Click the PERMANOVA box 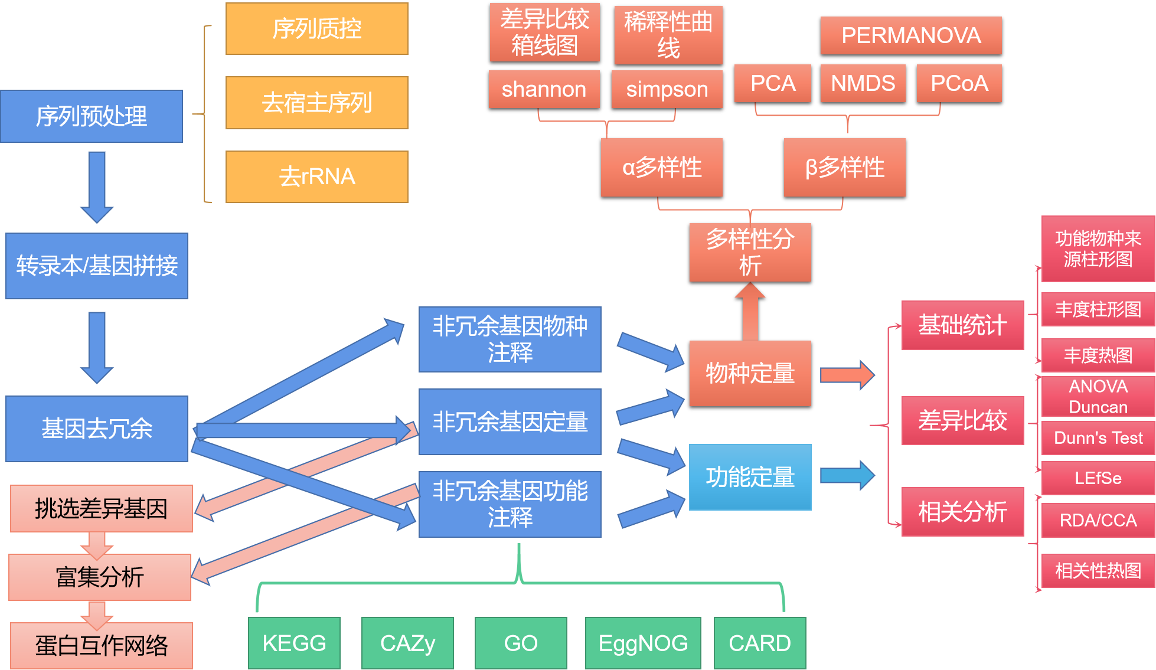click(910, 35)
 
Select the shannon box click(544, 89)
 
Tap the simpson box click(667, 89)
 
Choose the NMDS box click(863, 83)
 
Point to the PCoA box click(959, 83)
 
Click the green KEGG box click(294, 643)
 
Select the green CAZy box click(407, 643)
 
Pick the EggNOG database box click(643, 643)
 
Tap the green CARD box click(759, 643)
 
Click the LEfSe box click(1098, 478)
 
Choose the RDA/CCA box click(1098, 520)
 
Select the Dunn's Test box click(1098, 438)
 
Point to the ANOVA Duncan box click(1098, 397)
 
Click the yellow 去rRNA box click(317, 177)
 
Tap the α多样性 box click(661, 167)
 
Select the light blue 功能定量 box click(750, 477)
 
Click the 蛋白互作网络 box click(101, 645)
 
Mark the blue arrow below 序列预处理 click(97, 186)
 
